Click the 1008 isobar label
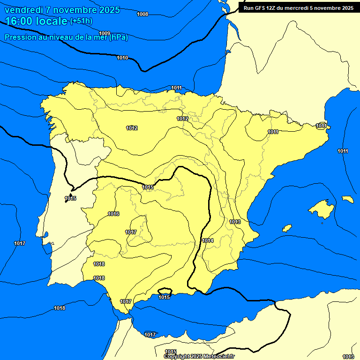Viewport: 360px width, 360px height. (x=142, y=14)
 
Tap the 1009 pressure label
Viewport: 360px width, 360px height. (x=105, y=33)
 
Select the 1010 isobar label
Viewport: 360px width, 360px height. (x=122, y=58)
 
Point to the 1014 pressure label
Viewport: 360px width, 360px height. (x=208, y=240)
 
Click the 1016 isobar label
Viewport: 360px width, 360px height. (x=113, y=214)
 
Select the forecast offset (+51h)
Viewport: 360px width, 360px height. (x=81, y=21)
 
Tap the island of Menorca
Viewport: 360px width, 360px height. (x=347, y=199)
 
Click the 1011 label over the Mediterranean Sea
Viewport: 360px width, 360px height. (x=343, y=151)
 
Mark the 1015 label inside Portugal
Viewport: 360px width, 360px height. (x=70, y=198)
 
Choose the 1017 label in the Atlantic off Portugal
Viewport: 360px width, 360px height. (x=20, y=243)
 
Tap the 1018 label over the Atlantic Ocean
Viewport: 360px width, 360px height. (x=60, y=308)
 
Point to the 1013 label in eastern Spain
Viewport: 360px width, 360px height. (x=235, y=222)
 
